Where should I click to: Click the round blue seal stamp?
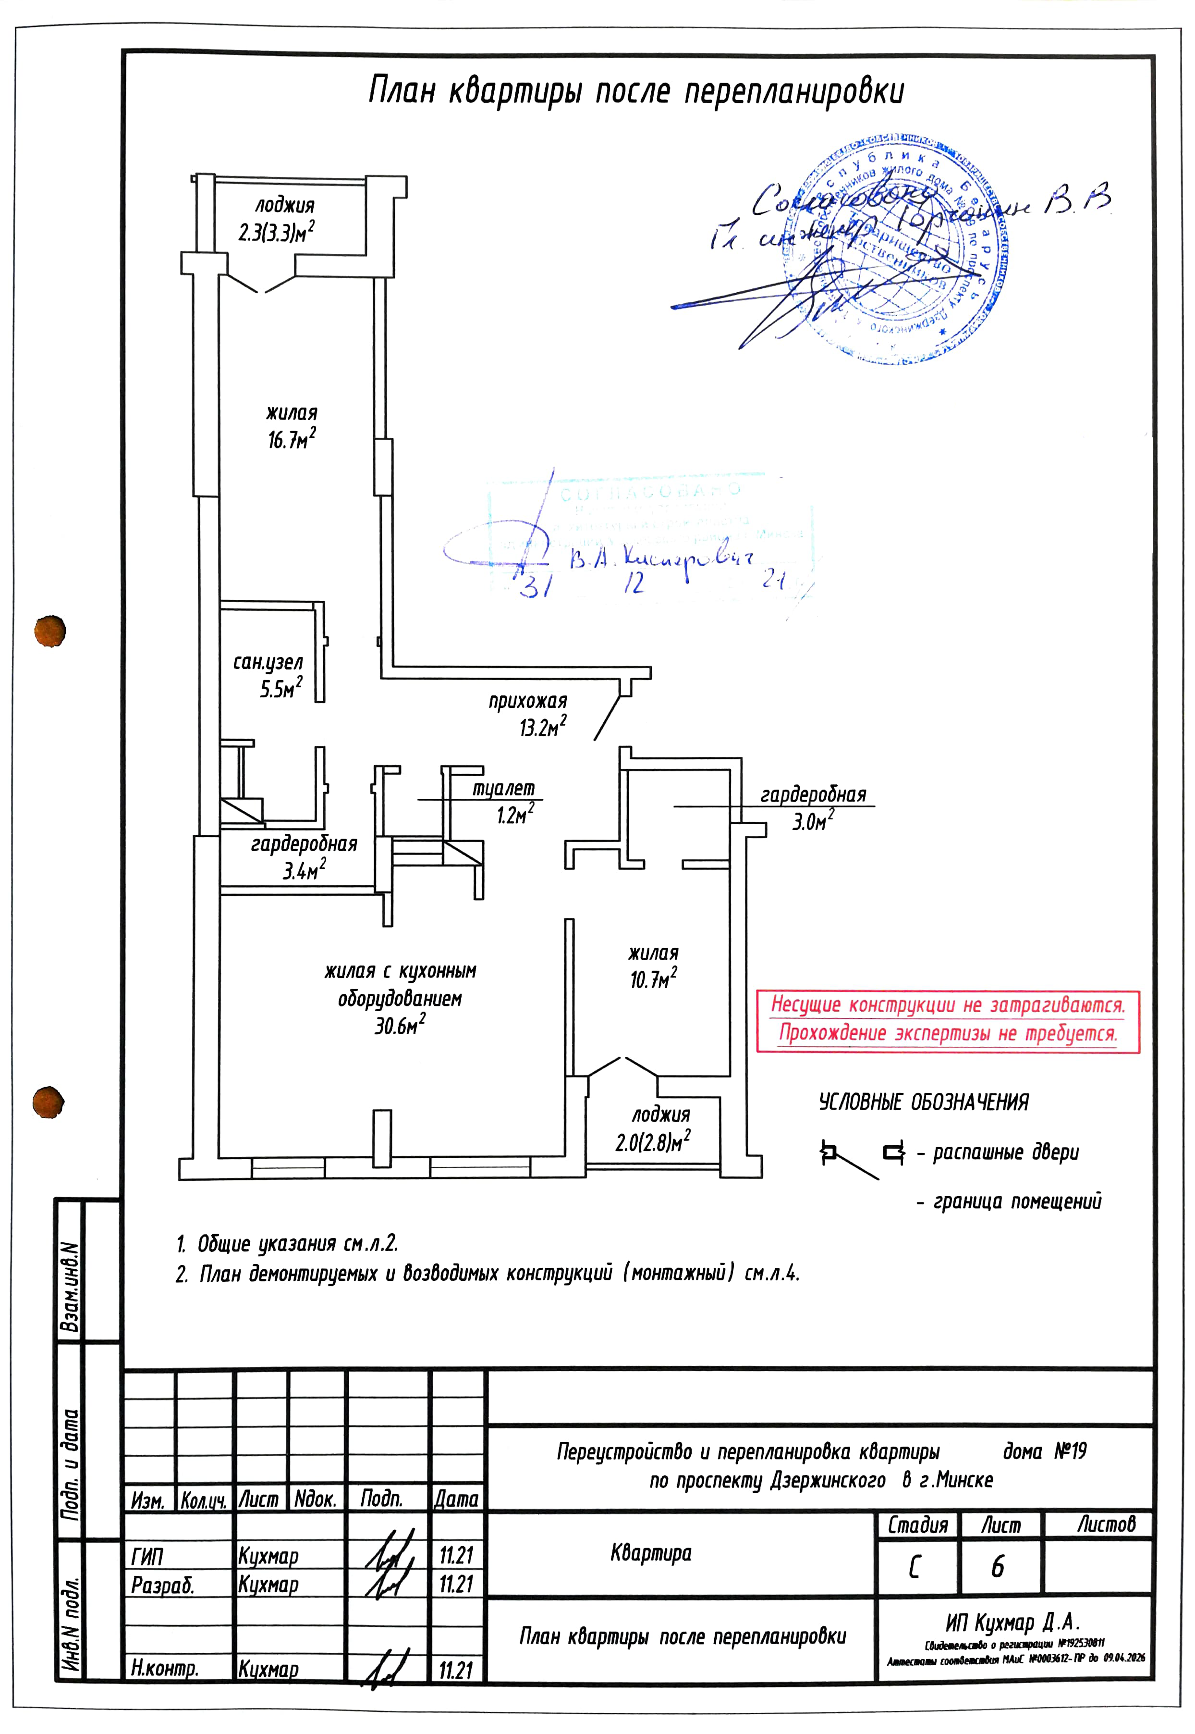(895, 248)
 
